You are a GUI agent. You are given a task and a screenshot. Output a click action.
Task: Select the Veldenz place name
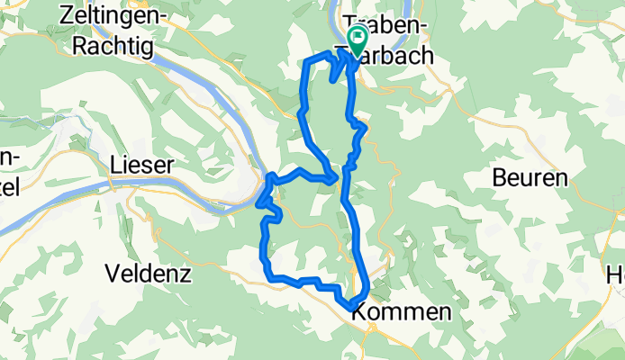pos(149,273)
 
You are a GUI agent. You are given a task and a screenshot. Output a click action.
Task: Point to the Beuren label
pos(530,178)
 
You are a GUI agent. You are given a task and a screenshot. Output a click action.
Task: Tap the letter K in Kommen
pos(359,312)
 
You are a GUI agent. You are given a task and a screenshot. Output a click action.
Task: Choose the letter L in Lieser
pos(115,165)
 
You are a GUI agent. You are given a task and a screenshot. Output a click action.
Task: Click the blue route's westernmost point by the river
pos(258,203)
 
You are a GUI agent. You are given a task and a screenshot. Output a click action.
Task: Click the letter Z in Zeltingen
pos(65,14)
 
